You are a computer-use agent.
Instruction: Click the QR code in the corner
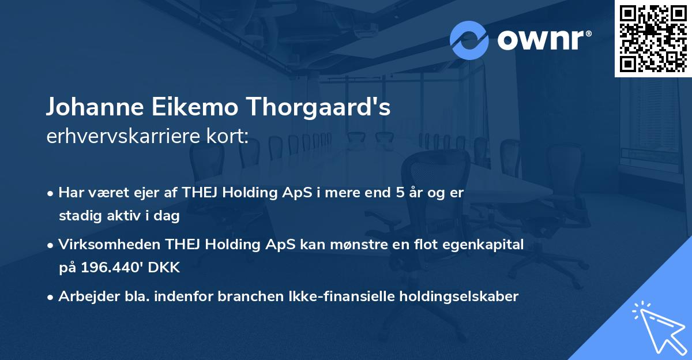coord(653,38)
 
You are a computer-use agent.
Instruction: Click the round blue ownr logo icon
coord(469,40)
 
